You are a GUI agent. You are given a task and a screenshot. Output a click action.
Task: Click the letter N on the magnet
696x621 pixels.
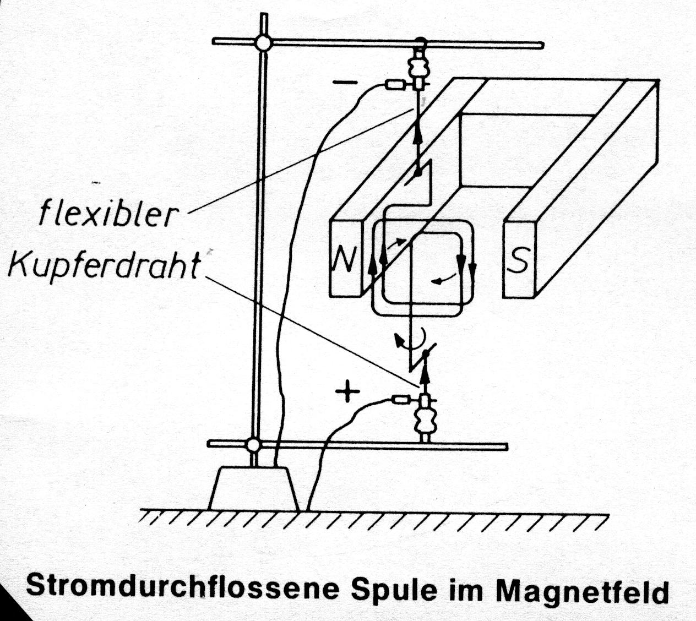click(x=345, y=258)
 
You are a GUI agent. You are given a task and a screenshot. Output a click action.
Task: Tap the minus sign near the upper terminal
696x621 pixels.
click(x=345, y=83)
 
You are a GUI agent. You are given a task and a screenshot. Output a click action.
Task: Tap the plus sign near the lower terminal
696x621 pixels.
click(x=347, y=391)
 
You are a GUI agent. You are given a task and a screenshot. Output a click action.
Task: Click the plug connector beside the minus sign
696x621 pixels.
click(x=396, y=84)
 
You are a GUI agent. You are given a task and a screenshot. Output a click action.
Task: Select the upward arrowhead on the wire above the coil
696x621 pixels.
click(x=417, y=136)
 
